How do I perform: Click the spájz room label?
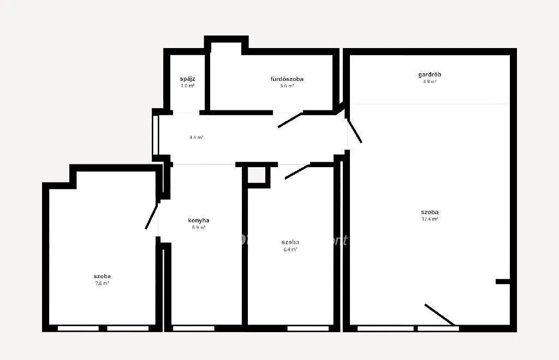pyautogui.click(x=188, y=79)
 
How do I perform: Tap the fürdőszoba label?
pyautogui.click(x=287, y=79)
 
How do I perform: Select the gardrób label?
pyautogui.click(x=430, y=74)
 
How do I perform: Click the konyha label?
pyautogui.click(x=199, y=221)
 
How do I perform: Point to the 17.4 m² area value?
pyautogui.click(x=430, y=219)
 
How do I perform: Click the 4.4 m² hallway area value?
pyautogui.click(x=197, y=138)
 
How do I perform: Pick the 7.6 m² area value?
pyautogui.click(x=102, y=284)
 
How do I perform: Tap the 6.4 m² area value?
pyautogui.click(x=290, y=250)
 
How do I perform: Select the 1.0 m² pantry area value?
pyautogui.click(x=188, y=86)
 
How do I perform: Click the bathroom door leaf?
pyautogui.click(x=290, y=120)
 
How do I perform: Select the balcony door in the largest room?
pyautogui.click(x=439, y=315)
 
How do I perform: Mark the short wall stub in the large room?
pyautogui.click(x=503, y=281)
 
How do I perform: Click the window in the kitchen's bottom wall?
pyautogui.click(x=193, y=328)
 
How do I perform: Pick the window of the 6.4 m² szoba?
pyautogui.click(x=308, y=328)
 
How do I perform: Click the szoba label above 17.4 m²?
pyautogui.click(x=430, y=212)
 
